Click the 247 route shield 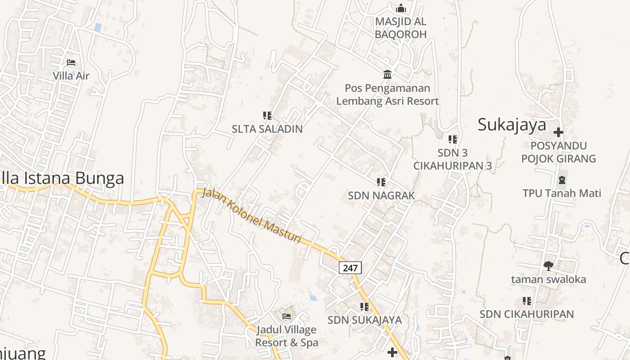click(350, 268)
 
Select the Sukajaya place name click(512, 125)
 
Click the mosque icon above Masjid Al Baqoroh click(400, 8)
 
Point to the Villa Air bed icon click(71, 63)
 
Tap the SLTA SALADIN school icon click(267, 116)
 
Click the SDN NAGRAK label click(381, 196)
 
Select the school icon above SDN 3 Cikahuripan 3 click(452, 139)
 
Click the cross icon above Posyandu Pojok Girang click(558, 132)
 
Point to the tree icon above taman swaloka click(548, 266)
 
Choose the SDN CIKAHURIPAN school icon click(527, 301)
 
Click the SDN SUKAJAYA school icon click(364, 307)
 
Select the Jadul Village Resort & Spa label click(287, 336)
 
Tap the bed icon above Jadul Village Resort click(287, 316)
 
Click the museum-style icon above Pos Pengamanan click(387, 74)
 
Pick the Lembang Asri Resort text click(387, 101)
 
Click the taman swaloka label click(549, 279)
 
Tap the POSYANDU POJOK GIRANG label click(558, 152)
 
